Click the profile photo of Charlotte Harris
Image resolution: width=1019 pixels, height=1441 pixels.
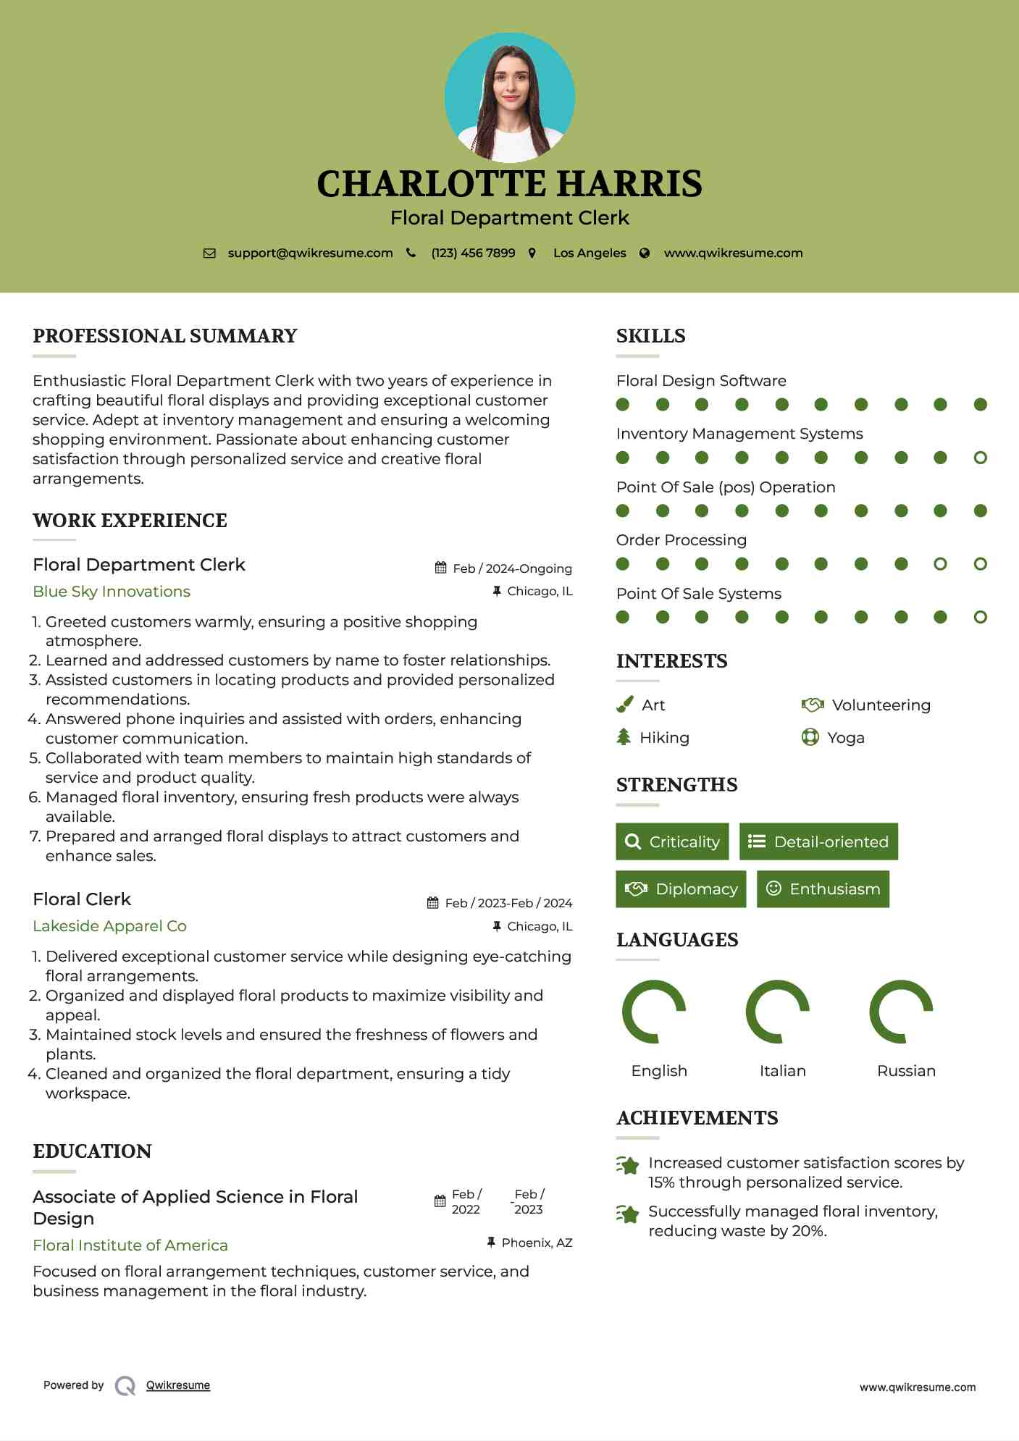click(510, 97)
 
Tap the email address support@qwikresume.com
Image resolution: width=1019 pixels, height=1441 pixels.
click(310, 253)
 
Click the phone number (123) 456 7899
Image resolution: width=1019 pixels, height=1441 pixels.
click(473, 253)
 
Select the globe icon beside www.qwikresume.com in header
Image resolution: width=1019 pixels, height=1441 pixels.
click(645, 253)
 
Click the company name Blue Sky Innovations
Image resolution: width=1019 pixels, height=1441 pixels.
click(112, 592)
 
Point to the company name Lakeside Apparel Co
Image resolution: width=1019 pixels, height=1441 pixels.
click(109, 926)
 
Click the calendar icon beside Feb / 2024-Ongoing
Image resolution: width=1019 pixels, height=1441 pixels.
click(440, 568)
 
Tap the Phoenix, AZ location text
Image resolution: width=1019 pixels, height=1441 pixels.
click(537, 1243)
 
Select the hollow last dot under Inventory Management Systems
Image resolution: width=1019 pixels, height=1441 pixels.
click(980, 458)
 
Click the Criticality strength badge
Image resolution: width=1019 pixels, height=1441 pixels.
click(672, 841)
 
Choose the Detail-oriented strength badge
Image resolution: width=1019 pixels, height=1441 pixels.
click(818, 841)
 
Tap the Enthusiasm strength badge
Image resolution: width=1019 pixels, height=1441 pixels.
click(823, 888)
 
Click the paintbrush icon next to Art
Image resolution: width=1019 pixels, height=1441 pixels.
click(624, 705)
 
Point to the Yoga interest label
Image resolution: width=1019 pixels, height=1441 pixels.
click(845, 738)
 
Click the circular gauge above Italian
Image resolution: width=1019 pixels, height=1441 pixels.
click(778, 1012)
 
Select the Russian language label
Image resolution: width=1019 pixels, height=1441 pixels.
click(906, 1071)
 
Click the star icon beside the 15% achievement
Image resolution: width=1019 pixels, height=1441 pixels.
click(628, 1165)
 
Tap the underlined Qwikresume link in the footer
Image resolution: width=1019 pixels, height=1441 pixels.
click(178, 1385)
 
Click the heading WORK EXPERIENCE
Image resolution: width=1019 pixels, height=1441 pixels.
click(130, 521)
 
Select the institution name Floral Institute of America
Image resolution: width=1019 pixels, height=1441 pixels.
click(130, 1245)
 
